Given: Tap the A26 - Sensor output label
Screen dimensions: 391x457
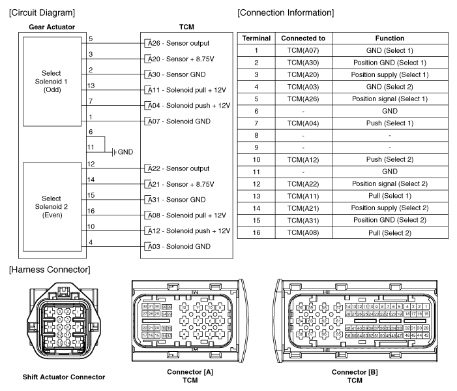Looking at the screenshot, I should click(x=178, y=43).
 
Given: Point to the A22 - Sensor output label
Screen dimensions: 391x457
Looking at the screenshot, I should click(x=178, y=168).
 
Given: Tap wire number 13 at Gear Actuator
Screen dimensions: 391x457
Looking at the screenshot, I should click(x=91, y=86).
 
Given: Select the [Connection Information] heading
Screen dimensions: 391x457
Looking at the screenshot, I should click(x=286, y=12).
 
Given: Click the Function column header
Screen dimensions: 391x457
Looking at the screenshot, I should click(x=390, y=39).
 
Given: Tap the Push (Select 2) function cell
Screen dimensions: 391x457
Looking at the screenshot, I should click(x=390, y=160).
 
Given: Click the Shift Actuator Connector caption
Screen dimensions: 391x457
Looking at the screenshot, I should click(x=64, y=377).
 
